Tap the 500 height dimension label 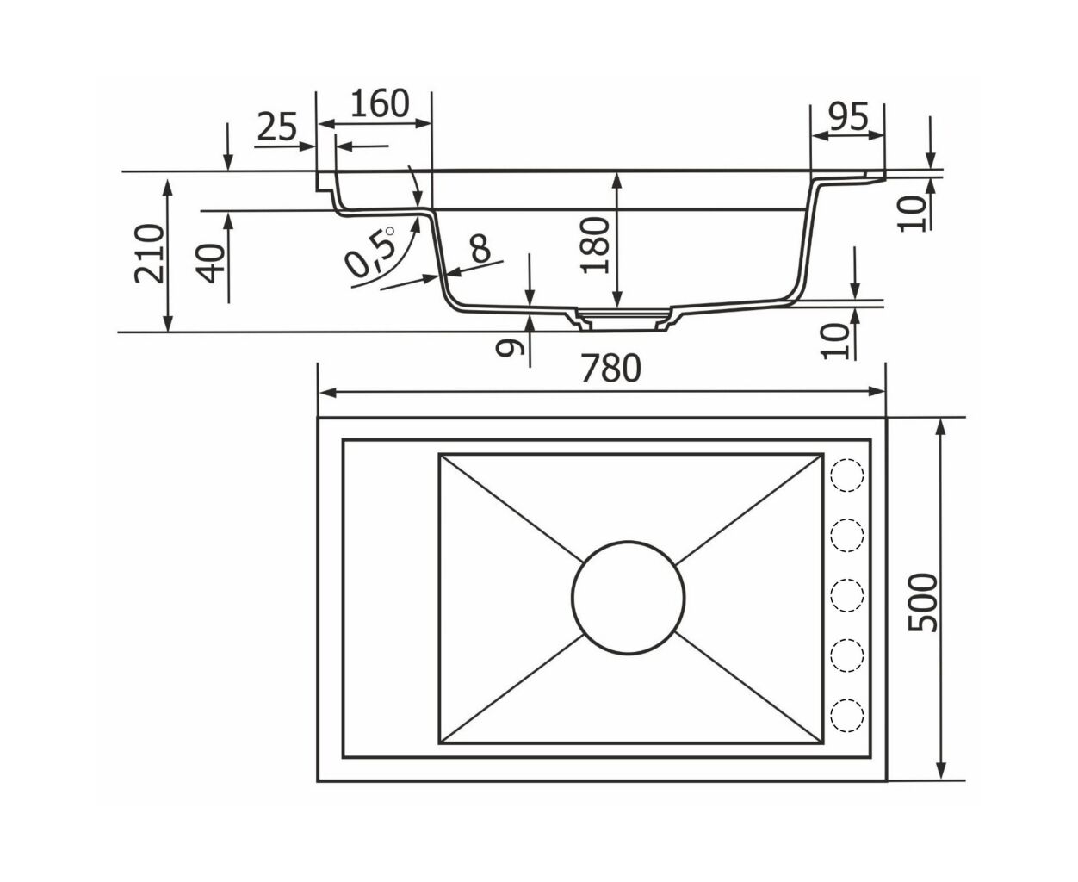tap(923, 603)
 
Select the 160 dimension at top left tap(381, 104)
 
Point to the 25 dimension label tap(276, 127)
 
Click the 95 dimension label tap(848, 116)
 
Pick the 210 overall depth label tap(149, 253)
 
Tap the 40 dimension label tap(211, 264)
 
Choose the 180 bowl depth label tap(596, 245)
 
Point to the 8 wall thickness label tap(480, 249)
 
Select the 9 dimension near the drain tap(510, 347)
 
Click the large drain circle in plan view tap(629, 597)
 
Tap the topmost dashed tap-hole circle tap(847, 475)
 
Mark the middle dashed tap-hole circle tap(847, 595)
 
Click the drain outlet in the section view tap(623, 320)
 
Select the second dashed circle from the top tap(847, 536)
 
